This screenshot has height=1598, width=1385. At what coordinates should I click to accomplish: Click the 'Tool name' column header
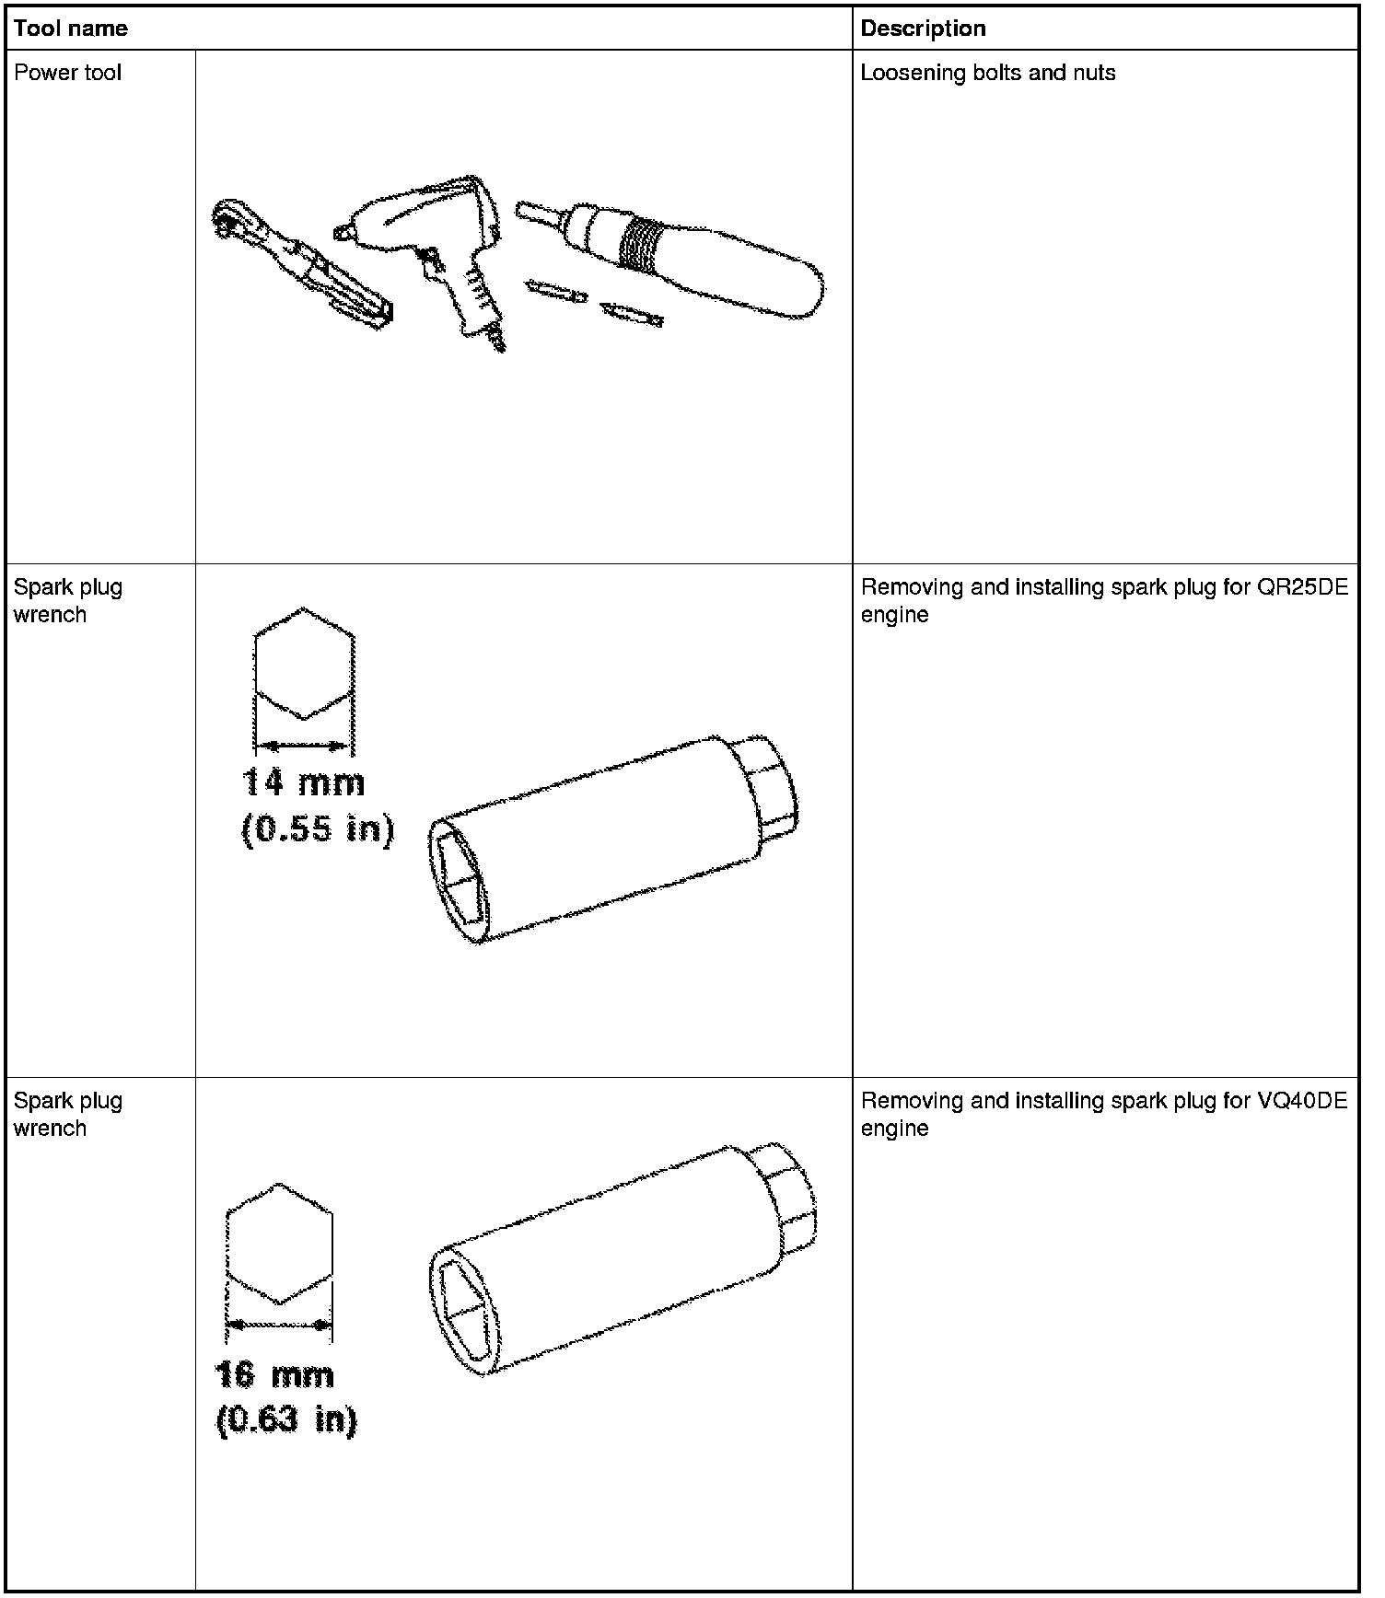click(x=71, y=29)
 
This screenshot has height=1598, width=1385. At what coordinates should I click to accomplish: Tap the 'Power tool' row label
click(x=67, y=73)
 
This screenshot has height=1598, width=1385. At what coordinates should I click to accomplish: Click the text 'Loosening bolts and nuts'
click(x=988, y=73)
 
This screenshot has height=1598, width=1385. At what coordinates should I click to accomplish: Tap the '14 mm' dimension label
click(x=303, y=783)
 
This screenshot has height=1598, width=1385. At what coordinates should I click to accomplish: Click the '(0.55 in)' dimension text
click(x=318, y=830)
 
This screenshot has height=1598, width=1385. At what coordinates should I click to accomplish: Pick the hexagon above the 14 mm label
click(x=304, y=663)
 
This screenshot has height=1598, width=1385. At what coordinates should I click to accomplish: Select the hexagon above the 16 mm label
click(x=279, y=1244)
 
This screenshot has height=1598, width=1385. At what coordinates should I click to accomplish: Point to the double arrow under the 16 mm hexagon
click(x=279, y=1325)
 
